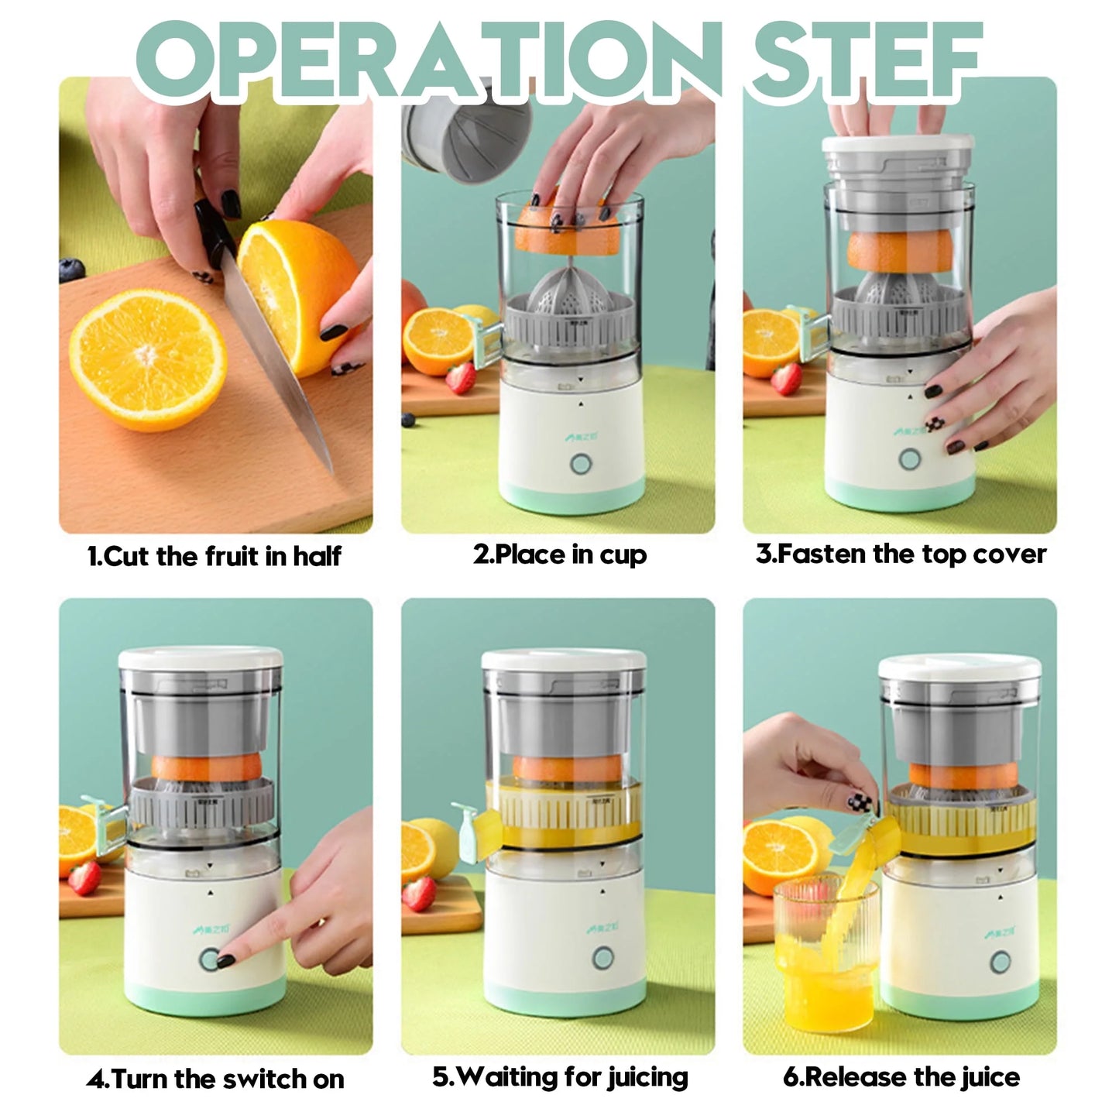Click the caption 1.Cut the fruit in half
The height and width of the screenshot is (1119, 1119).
[215, 556]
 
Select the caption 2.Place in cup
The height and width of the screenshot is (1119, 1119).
[560, 554]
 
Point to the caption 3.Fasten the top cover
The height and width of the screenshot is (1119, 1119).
[901, 554]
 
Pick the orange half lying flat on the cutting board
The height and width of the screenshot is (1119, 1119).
[148, 360]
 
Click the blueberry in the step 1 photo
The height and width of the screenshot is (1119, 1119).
[71, 270]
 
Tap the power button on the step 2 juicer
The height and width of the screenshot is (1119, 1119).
[581, 463]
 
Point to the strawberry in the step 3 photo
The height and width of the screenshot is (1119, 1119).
[786, 378]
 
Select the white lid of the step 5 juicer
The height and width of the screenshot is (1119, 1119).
[563, 661]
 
